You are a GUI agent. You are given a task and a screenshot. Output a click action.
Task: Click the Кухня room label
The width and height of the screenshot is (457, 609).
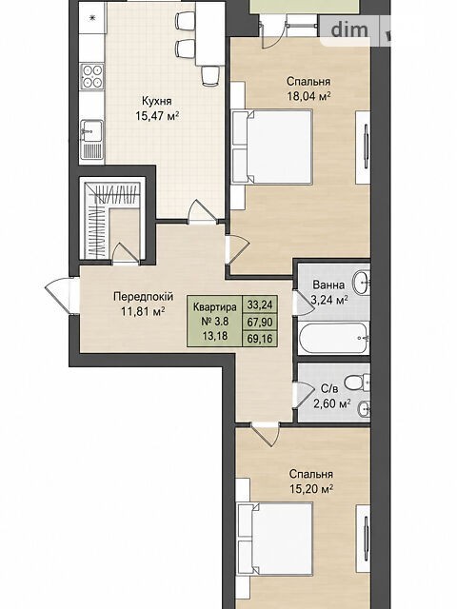click(156, 102)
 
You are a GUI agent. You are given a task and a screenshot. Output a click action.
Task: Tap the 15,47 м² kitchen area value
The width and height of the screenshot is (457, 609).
click(157, 116)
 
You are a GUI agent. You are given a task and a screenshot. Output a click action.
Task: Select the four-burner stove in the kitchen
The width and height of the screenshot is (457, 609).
click(92, 76)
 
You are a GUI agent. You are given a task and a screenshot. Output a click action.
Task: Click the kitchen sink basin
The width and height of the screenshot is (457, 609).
click(91, 131)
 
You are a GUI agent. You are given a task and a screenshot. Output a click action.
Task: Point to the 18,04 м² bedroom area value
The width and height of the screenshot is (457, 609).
click(308, 96)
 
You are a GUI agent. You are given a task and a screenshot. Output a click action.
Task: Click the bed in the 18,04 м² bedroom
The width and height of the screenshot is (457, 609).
click(272, 147)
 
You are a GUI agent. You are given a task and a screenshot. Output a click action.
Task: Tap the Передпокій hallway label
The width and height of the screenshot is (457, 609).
click(144, 297)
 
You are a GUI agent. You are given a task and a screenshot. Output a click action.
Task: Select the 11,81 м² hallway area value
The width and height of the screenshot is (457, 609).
click(144, 311)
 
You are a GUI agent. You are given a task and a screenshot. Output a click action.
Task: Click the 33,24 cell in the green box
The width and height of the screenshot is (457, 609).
click(260, 304)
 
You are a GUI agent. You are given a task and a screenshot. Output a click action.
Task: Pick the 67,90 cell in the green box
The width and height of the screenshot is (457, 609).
click(260, 322)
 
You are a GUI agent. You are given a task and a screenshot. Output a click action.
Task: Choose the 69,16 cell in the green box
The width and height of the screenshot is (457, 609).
click(260, 339)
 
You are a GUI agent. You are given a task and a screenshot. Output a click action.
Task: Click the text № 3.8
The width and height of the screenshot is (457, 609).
click(215, 322)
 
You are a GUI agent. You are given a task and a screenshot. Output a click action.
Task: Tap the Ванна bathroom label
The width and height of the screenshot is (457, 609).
click(328, 285)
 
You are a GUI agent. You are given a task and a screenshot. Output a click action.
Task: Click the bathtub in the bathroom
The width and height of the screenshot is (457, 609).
click(333, 338)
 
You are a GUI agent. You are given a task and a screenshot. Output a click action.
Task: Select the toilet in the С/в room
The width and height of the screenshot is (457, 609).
click(357, 383)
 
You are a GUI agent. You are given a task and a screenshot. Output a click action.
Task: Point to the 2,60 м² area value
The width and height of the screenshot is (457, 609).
click(332, 403)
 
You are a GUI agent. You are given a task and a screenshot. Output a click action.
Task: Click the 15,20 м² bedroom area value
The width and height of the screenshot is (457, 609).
click(311, 488)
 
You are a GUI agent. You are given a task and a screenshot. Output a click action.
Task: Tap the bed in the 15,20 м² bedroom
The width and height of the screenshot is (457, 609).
click(275, 540)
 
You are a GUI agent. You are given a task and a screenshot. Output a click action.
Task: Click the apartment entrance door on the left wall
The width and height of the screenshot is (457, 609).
click(61, 296)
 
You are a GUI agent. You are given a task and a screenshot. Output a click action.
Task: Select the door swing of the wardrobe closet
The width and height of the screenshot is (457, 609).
click(125, 252)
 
